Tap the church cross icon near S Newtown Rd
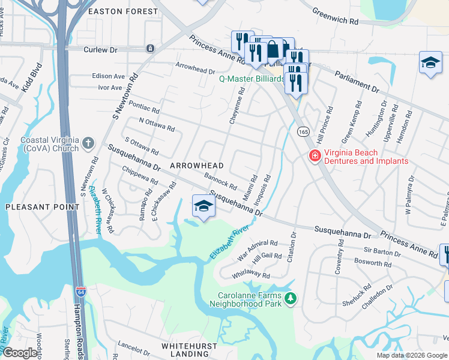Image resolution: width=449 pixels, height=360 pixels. (x=88, y=143)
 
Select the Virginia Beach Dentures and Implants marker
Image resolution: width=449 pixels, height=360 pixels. (x=313, y=157)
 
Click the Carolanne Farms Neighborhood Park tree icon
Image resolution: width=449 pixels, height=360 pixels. (x=291, y=298)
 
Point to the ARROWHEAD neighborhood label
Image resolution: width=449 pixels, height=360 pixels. (x=196, y=166)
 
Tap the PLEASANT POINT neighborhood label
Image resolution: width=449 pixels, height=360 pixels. (x=42, y=207)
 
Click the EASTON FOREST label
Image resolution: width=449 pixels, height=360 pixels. (x=117, y=11)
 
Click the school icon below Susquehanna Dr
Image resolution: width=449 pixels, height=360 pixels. (x=203, y=206)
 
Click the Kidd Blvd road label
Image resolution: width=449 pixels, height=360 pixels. (x=31, y=76)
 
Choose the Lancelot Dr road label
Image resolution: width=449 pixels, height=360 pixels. (x=134, y=349)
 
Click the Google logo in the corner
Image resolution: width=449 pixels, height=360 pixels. (x=20, y=353)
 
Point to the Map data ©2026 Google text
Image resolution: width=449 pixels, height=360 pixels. (x=411, y=355)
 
